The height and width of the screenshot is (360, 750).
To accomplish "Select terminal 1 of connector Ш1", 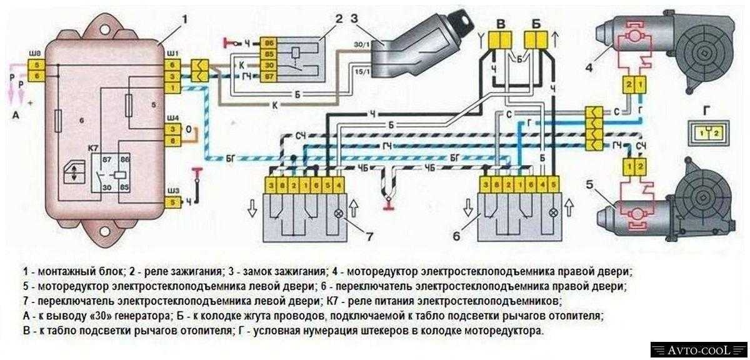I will click(171, 87).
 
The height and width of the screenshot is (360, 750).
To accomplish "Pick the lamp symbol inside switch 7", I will click(339, 212).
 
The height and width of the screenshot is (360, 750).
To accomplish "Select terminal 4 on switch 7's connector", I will click(339, 185).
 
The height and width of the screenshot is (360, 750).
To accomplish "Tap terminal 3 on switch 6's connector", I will click(485, 185).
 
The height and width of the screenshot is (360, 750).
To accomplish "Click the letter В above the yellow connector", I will click(499, 23).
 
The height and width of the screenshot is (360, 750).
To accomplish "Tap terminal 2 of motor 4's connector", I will click(627, 84).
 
